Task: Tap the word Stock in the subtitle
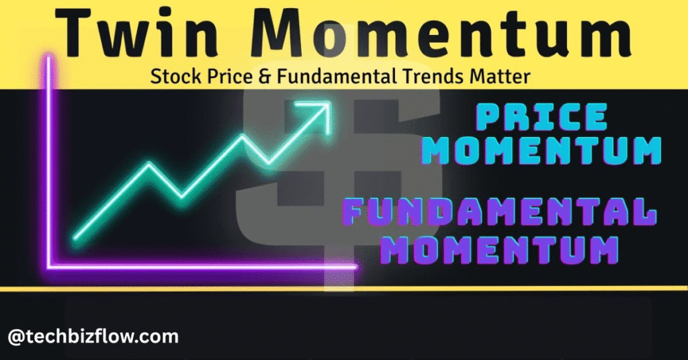click(176, 77)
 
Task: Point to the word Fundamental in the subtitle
click(336, 77)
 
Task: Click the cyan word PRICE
click(542, 117)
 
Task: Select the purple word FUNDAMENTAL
click(499, 212)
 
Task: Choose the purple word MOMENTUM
click(499, 249)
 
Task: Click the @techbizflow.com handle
click(93, 336)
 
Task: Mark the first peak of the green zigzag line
click(150, 165)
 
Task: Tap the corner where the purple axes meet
click(49, 266)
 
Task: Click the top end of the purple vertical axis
click(48, 57)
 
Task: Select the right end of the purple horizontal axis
click(355, 266)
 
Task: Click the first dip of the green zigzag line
click(181, 195)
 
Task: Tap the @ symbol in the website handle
click(15, 337)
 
